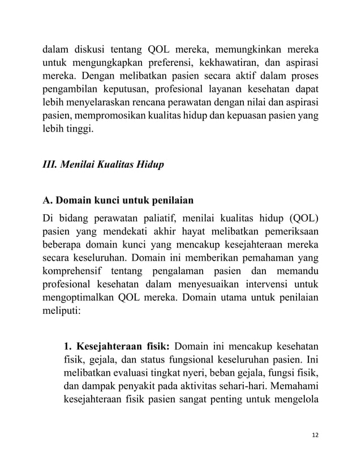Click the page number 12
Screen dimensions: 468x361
(x=314, y=435)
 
